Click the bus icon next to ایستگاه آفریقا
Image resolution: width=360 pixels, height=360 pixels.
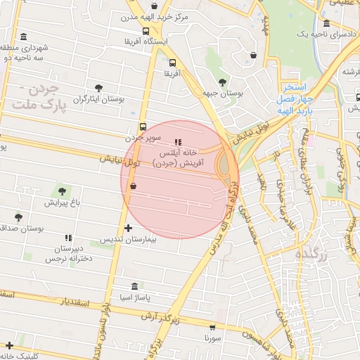pos(145,31)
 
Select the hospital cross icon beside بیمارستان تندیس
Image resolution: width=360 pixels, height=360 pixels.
pos(128,228)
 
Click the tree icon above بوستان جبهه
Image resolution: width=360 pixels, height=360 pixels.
pos(222,82)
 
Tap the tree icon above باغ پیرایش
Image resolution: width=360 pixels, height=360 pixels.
pos(63,191)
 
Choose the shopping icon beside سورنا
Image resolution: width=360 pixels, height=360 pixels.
pos(212,327)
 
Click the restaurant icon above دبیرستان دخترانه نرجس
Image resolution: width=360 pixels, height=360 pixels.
pos(68,238)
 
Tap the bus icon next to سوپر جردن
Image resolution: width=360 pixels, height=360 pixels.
pos(143,127)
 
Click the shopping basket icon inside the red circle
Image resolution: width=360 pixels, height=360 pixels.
pos(134,186)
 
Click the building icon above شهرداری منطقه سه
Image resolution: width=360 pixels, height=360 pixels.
pos(25,37)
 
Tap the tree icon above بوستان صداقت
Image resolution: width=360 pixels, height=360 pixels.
pos(18,217)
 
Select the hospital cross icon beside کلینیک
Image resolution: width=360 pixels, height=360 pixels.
pos(9,345)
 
